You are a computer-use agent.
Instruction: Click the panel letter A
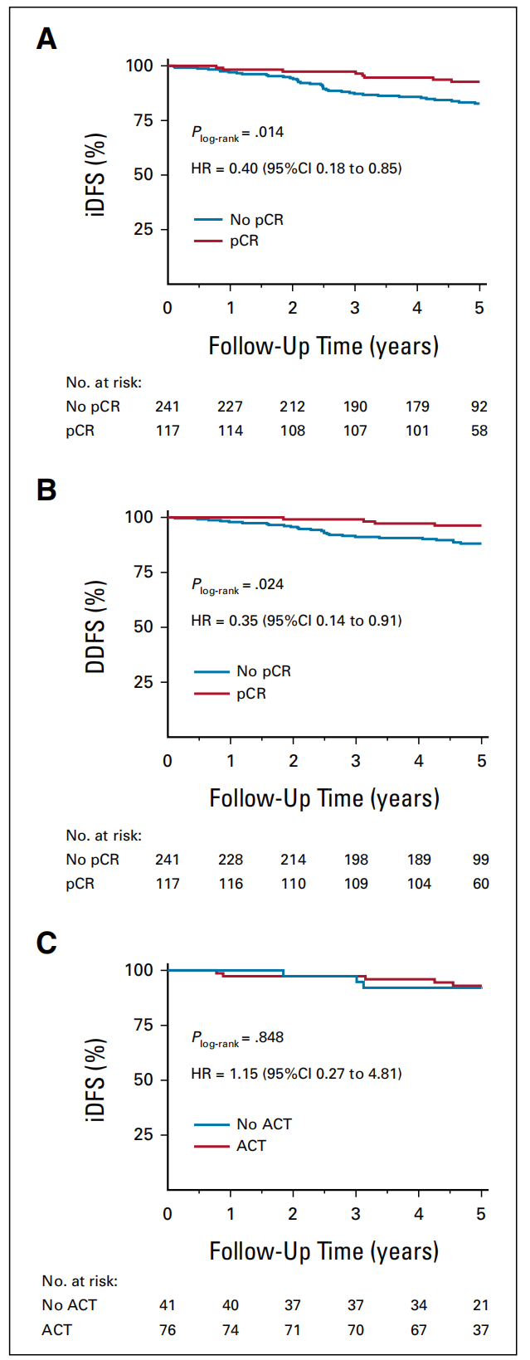pyautogui.click(x=46, y=39)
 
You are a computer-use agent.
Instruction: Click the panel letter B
pyautogui.click(x=46, y=490)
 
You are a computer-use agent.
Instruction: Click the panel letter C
pyautogui.click(x=46, y=943)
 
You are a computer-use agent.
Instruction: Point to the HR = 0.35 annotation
pyautogui.click(x=296, y=621)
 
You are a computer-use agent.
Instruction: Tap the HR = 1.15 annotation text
pyautogui.click(x=296, y=1074)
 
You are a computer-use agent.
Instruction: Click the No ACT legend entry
pyautogui.click(x=264, y=1124)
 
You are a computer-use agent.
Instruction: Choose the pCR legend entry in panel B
pyautogui.click(x=250, y=694)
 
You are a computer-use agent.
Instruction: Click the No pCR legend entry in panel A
pyautogui.click(x=256, y=220)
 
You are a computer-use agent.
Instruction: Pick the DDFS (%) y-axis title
pyautogui.click(x=96, y=626)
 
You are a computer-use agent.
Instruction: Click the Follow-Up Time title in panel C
pyautogui.click(x=323, y=1251)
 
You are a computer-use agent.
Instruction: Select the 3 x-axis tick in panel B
pyautogui.click(x=356, y=761)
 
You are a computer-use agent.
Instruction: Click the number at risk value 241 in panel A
pyautogui.click(x=168, y=407)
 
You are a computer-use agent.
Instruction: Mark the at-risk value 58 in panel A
pyautogui.click(x=479, y=431)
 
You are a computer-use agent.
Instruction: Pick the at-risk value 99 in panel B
pyautogui.click(x=481, y=860)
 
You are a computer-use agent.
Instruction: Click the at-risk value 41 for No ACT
pyautogui.click(x=168, y=1305)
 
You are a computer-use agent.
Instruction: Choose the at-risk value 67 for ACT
pyautogui.click(x=419, y=1330)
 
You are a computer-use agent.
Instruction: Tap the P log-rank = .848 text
pyautogui.click(x=238, y=1038)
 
